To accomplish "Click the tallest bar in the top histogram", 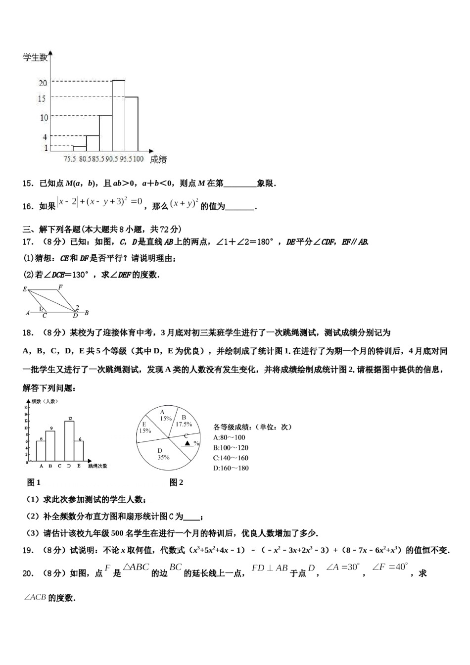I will click(x=118, y=115).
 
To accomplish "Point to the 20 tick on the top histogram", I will click(x=43, y=83).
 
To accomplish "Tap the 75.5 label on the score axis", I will click(x=70, y=159).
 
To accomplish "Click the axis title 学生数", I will click(x=35, y=57).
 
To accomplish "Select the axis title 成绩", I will click(x=158, y=159).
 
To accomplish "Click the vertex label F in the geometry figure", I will click(x=60, y=287).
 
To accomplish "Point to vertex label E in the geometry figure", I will click(x=25, y=289).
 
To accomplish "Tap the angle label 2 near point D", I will click(x=78, y=307).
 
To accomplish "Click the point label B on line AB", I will click(x=87, y=313).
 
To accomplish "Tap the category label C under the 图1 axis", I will click(x=60, y=466).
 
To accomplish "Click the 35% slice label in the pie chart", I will click(x=163, y=454).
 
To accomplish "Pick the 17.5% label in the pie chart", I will click(x=184, y=421).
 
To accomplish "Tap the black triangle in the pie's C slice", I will click(x=188, y=443).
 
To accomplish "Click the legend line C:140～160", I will click(x=231, y=458).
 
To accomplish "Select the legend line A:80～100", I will click(x=229, y=437).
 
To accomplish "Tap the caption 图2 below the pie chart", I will click(x=176, y=482).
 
